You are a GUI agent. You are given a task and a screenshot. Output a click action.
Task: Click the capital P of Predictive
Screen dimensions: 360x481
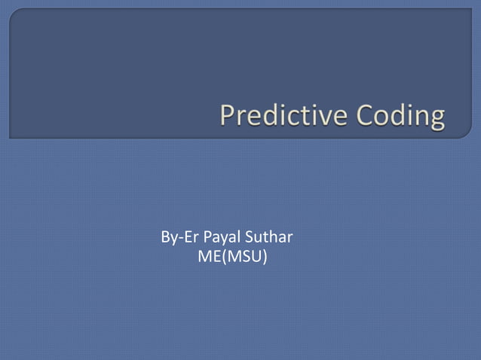228,117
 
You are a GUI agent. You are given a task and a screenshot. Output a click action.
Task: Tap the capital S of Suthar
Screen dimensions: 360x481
254,239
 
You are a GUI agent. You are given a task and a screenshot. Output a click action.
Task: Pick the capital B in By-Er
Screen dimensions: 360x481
166,239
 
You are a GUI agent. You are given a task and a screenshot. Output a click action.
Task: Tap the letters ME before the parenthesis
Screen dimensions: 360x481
207,258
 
